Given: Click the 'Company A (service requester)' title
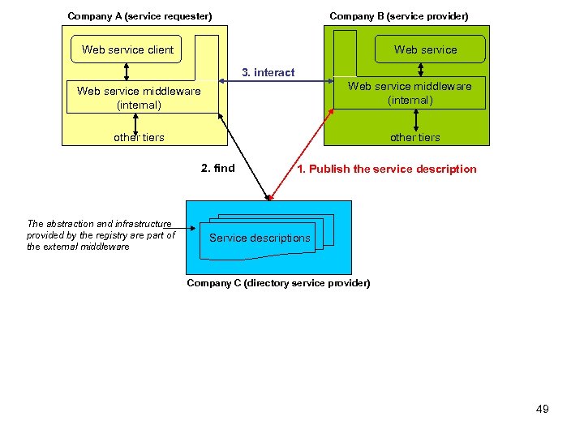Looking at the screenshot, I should (x=140, y=16).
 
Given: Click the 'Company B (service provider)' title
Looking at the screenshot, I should (x=398, y=16).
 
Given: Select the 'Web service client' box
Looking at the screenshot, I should (x=127, y=49).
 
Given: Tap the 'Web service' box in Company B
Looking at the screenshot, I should (x=425, y=49).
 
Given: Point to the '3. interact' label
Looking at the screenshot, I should (x=268, y=72).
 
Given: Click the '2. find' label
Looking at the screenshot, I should (x=217, y=169).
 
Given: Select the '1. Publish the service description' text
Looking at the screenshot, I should (x=387, y=169).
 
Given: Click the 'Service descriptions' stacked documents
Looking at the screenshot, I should (x=260, y=238).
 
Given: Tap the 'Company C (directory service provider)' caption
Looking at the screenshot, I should (x=278, y=283).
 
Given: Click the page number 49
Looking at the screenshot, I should (x=542, y=409).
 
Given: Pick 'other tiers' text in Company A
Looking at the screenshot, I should (x=139, y=137).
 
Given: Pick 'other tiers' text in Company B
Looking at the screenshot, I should (x=414, y=137).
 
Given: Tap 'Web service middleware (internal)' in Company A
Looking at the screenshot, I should (x=139, y=97).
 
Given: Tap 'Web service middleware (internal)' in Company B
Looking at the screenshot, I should (x=410, y=93).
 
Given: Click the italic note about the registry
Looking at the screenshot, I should (x=101, y=235).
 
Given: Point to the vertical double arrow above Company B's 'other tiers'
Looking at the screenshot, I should (x=415, y=120).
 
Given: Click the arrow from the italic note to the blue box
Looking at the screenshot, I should (x=187, y=228).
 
